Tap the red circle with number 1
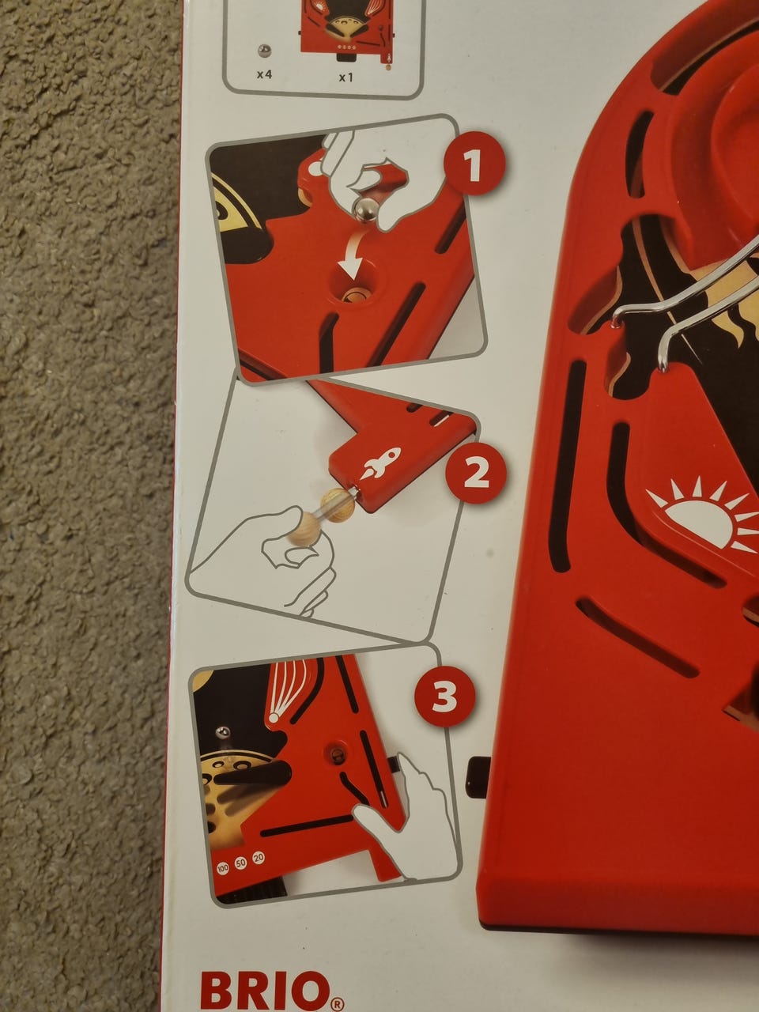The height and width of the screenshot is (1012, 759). (x=474, y=163)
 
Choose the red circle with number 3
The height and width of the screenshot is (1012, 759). (x=444, y=697)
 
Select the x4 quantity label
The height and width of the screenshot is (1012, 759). (x=265, y=74)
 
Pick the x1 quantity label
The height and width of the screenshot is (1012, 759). (x=346, y=77)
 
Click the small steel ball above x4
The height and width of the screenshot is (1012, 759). (x=264, y=51)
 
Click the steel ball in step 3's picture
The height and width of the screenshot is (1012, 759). (x=224, y=731)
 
